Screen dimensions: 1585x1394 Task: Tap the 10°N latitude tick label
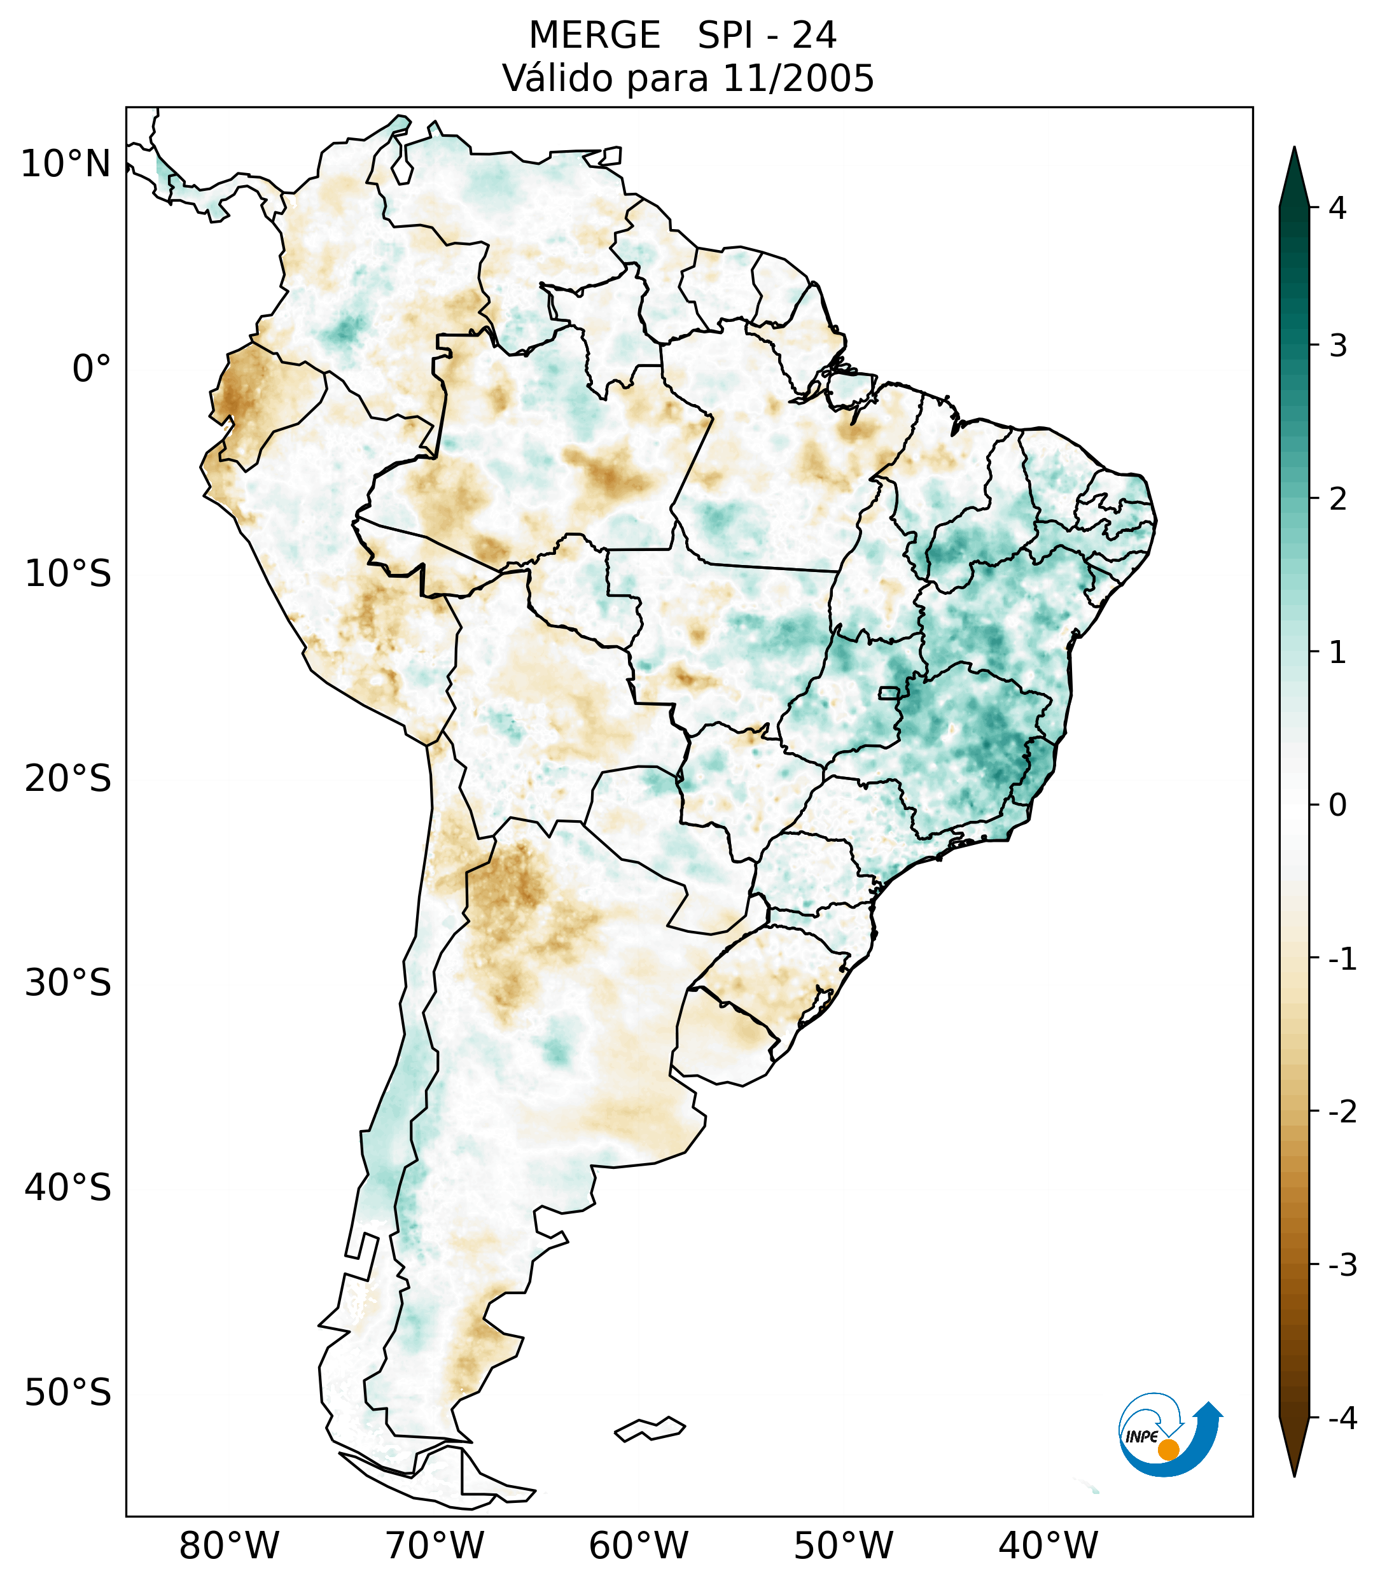66,164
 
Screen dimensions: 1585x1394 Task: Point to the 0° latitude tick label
92,369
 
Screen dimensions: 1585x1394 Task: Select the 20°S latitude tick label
68,779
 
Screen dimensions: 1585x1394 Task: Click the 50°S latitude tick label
68,1393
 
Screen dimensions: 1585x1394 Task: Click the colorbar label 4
1337,208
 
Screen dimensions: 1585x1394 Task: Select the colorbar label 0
1337,806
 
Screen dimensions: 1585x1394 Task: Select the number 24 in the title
814,36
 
